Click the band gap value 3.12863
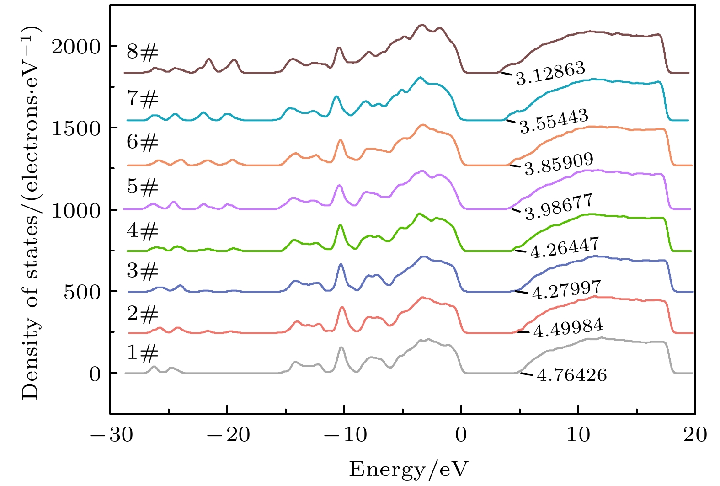551,74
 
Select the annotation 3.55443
554,122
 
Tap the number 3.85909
559,164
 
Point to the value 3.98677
559,207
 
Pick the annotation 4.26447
564,248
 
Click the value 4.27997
566,290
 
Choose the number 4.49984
568,329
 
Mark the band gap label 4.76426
571,375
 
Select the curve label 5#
143,187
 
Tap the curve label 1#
143,352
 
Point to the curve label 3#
143,271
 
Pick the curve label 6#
143,142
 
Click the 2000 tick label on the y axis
76,46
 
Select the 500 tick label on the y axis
82,292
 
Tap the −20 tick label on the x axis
227,435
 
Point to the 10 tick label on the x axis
578,435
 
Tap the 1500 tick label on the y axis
76,128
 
